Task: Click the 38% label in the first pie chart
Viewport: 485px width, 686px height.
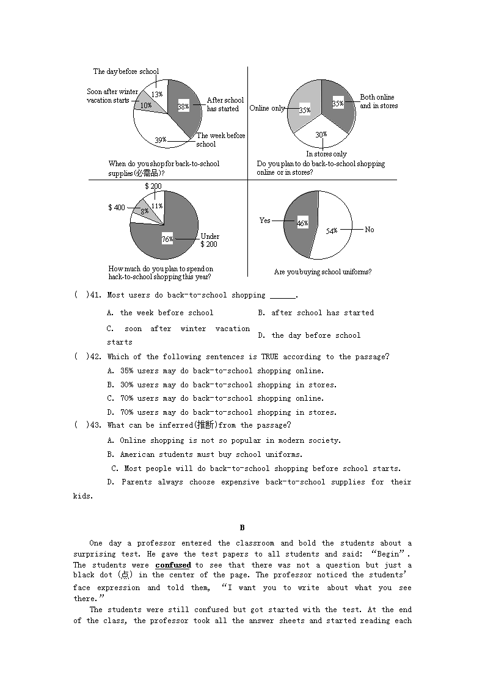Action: click(183, 106)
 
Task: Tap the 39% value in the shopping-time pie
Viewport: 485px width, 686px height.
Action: click(160, 140)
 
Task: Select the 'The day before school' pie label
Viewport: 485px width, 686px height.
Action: click(126, 71)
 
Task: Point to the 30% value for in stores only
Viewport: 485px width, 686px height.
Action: click(321, 134)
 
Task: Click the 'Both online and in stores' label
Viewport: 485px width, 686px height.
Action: click(378, 101)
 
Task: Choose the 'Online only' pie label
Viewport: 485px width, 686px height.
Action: click(267, 108)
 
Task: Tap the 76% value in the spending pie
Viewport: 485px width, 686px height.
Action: click(167, 239)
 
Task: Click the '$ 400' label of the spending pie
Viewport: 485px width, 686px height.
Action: click(117, 208)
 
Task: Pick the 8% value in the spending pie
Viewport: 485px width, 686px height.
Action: click(145, 212)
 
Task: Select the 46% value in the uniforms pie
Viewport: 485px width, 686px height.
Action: click(302, 224)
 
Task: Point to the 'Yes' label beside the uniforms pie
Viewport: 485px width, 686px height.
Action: click(264, 221)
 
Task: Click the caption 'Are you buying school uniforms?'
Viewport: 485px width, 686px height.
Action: click(323, 272)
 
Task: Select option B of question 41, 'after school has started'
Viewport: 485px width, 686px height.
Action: click(316, 313)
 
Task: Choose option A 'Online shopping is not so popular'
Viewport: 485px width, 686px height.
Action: click(224, 440)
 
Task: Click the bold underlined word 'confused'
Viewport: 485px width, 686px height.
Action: click(173, 565)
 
